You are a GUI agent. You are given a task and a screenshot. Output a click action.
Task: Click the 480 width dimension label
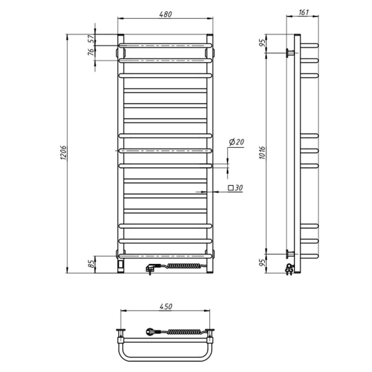[166, 14]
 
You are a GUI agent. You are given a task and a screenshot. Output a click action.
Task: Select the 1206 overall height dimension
[63, 153]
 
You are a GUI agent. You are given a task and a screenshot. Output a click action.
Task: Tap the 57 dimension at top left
[91, 38]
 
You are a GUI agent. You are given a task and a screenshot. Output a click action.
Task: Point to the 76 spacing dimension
[91, 52]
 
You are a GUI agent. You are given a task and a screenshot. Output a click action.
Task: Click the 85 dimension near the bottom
[91, 264]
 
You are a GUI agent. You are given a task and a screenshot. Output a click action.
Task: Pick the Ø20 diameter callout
[236, 142]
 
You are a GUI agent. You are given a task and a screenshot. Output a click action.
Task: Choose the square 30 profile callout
[235, 188]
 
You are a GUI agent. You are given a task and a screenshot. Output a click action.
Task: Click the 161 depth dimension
[304, 13]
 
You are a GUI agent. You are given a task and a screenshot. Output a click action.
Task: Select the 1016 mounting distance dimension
[262, 153]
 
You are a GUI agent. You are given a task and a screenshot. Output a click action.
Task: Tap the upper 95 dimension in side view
[262, 43]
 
